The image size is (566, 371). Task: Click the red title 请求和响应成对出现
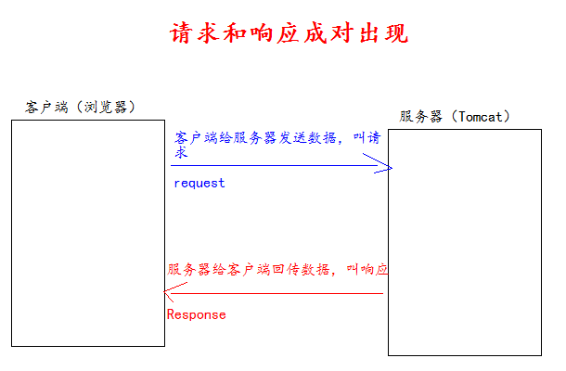[x=289, y=33]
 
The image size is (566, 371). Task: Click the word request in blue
[x=199, y=183]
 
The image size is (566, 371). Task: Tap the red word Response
[x=196, y=314]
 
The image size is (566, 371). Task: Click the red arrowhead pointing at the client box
[x=168, y=294]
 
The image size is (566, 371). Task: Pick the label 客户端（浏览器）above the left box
[x=81, y=107]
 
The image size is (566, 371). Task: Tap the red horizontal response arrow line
[x=278, y=293]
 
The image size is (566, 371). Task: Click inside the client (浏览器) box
[x=87, y=232]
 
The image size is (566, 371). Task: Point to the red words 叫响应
[x=367, y=269]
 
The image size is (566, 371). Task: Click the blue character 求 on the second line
[x=182, y=153]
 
